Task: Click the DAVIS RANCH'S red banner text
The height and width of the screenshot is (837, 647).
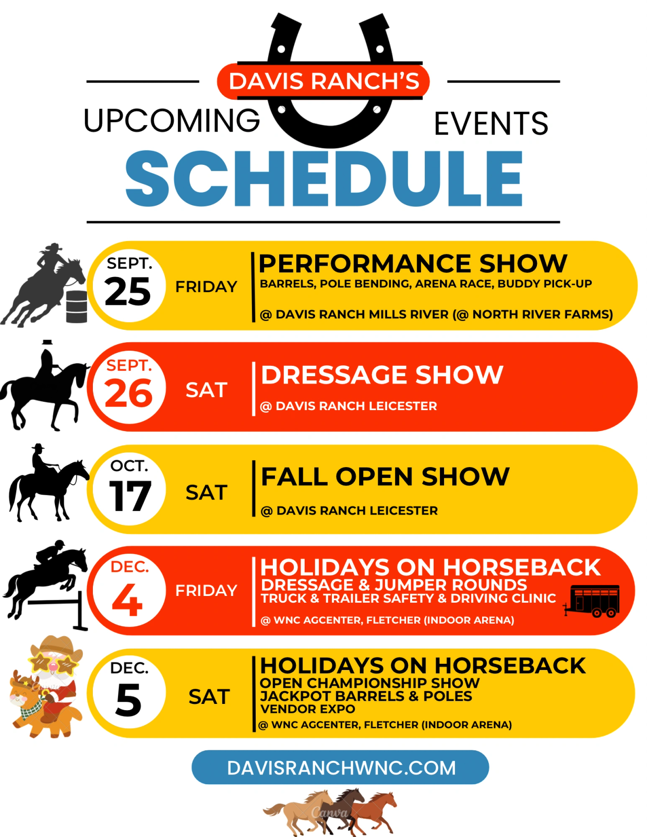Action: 324,81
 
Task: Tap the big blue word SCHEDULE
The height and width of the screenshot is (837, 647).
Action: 324,178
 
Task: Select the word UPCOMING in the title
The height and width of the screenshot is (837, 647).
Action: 172,121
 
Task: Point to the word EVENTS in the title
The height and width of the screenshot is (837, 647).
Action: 491,123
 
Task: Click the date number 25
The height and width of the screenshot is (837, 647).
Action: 127,292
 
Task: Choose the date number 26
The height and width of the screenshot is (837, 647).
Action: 129,393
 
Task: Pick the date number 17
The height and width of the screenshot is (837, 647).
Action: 130,496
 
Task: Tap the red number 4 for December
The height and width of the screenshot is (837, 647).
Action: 127,600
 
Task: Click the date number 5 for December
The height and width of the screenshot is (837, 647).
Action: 128,700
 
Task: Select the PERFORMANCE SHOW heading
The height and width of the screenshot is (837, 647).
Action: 413,264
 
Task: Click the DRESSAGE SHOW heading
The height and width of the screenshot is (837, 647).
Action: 382,374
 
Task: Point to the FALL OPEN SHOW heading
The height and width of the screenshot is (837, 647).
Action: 385,477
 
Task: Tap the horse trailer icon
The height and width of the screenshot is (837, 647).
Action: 592,601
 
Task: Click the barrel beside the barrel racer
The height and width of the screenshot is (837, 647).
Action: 76,307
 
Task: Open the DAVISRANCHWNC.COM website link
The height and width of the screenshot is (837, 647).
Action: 341,768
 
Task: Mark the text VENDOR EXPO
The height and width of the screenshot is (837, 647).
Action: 307,709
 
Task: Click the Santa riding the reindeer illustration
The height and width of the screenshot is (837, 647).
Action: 45,688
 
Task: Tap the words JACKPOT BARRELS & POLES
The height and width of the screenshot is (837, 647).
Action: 366,696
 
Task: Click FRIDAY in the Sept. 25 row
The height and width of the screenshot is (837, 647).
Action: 206,286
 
